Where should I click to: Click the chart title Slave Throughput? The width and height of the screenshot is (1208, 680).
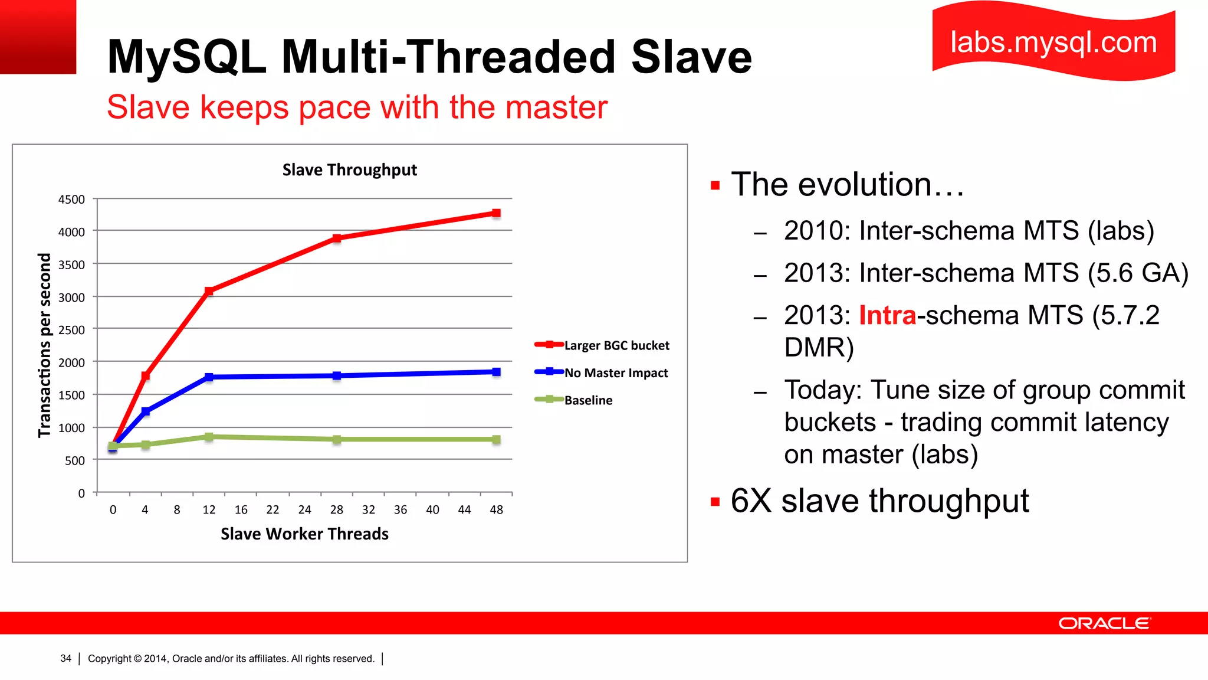(x=349, y=170)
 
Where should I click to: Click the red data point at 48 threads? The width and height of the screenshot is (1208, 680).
(x=496, y=213)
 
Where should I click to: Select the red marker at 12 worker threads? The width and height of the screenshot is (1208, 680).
(x=209, y=291)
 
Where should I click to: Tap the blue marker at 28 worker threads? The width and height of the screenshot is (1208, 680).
(x=336, y=375)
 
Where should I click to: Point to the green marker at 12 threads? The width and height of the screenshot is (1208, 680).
(x=209, y=437)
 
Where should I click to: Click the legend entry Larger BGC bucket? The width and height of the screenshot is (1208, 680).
(x=616, y=345)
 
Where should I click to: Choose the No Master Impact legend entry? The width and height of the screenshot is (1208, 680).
(x=616, y=373)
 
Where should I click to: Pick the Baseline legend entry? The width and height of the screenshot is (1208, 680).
(x=588, y=400)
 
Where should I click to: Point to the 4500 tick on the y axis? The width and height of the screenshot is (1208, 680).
(x=71, y=200)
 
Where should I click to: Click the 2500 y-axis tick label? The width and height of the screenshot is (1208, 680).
(x=71, y=330)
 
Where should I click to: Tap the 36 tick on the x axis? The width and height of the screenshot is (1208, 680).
(x=401, y=509)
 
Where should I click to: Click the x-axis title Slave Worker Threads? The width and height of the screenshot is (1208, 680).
(x=304, y=534)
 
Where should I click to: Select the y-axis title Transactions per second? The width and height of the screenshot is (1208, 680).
(x=45, y=345)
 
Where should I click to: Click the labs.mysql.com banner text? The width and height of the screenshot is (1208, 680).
(x=1053, y=42)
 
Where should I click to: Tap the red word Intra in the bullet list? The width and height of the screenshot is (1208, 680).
(x=887, y=315)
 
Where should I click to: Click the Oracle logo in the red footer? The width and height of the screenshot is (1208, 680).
(x=1104, y=623)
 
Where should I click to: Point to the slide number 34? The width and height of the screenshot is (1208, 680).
(x=65, y=658)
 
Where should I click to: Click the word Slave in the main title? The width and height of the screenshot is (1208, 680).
(x=691, y=57)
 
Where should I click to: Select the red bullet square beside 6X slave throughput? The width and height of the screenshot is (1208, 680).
(x=715, y=502)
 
